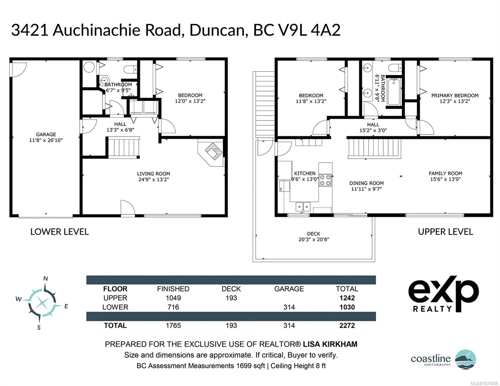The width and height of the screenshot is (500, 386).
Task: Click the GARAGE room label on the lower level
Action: click(46, 134)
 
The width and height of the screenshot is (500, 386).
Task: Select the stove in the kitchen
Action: click(325, 180)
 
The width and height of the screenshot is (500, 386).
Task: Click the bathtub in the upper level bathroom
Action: click(394, 92)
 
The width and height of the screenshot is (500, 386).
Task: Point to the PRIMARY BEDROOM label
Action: click(455, 96)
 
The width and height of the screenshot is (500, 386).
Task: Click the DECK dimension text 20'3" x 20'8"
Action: click(314, 240)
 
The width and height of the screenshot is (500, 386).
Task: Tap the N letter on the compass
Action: click(46, 279)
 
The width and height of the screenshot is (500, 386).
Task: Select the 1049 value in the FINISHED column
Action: click(173, 298)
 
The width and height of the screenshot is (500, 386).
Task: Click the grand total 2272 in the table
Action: click(347, 326)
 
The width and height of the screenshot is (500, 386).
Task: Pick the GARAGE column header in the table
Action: click(289, 289)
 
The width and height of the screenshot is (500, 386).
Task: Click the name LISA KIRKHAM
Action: click(330, 344)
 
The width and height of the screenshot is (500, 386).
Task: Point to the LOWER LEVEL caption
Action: click(59, 232)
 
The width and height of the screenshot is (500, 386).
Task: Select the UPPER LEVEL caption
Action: click(446, 232)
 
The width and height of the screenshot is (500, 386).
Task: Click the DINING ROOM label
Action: click(366, 183)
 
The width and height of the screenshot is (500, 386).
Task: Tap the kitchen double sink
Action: click(303, 207)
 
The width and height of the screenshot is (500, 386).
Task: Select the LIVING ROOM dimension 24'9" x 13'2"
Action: click(154, 179)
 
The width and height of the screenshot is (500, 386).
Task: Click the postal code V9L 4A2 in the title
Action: click(297, 30)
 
